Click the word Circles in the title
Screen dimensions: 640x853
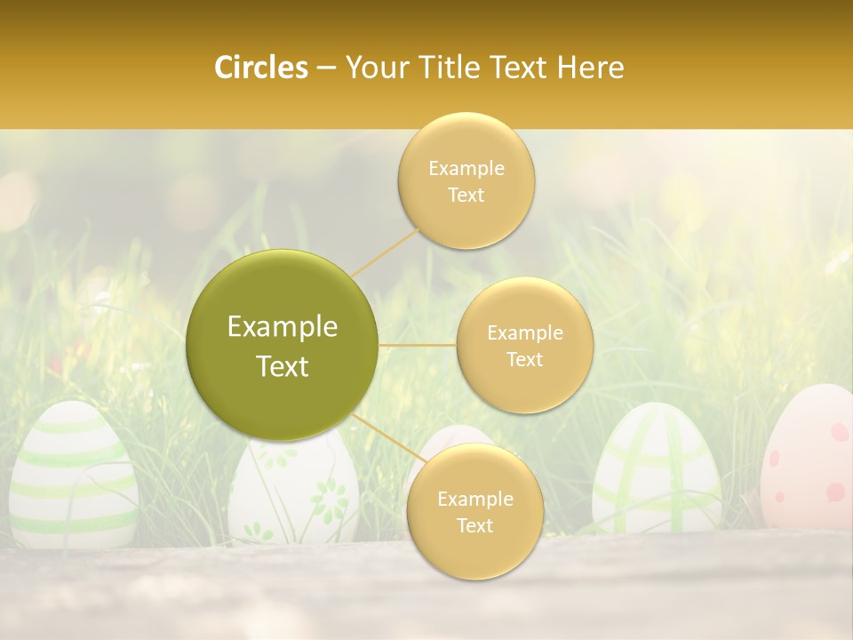click(261, 68)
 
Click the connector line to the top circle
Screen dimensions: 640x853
click(385, 252)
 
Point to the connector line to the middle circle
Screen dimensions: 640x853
click(418, 345)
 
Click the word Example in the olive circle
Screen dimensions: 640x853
click(283, 327)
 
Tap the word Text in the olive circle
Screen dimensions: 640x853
click(283, 366)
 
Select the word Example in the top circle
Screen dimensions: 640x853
click(466, 169)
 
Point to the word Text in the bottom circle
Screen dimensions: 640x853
click(474, 525)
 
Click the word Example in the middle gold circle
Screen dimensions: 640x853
click(525, 333)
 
